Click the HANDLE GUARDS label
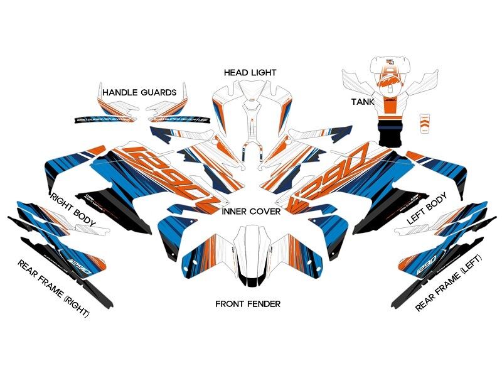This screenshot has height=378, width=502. click(139, 92)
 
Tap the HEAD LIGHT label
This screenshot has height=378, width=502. click(250, 73)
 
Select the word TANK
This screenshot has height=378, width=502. click(362, 101)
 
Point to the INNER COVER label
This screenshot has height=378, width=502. click(251, 212)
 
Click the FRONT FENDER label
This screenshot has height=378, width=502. click(248, 304)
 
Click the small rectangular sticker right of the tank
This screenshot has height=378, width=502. click(425, 122)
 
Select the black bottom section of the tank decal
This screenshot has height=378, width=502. click(390, 134)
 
